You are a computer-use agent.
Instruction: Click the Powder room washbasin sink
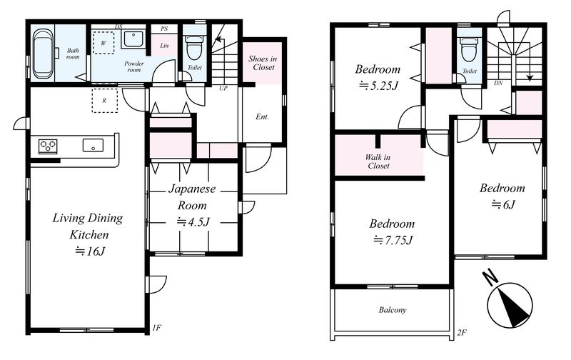tap(133, 39)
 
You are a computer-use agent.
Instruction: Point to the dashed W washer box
tap(103, 43)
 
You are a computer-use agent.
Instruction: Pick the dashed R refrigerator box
tap(104, 100)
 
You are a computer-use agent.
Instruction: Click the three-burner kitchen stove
tap(48, 146)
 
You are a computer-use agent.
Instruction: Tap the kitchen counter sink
tap(93, 146)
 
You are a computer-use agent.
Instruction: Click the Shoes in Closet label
tap(263, 63)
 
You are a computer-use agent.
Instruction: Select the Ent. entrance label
tap(262, 117)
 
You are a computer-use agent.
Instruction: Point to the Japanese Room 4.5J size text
tap(193, 221)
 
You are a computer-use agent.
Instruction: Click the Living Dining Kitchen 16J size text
tap(90, 251)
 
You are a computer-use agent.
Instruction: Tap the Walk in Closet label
tap(378, 161)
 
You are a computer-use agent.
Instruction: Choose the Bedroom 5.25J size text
tap(378, 86)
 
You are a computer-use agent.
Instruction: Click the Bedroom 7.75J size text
tap(393, 240)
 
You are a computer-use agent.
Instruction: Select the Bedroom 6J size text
tap(503, 204)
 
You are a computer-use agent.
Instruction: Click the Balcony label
tap(392, 310)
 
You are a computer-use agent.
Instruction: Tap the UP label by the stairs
tap(223, 88)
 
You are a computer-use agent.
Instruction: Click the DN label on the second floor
tap(498, 83)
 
